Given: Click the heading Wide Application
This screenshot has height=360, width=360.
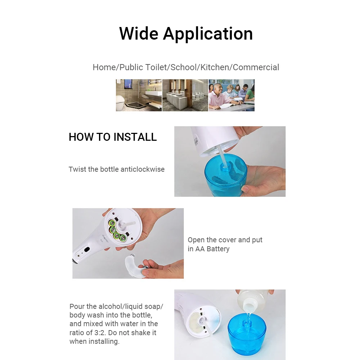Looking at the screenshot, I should click(186, 33).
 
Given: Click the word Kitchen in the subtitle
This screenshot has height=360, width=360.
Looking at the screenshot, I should click(215, 67).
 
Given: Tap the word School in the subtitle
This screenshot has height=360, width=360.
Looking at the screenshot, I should click(184, 67).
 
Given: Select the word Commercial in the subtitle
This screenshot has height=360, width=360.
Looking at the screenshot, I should click(256, 67).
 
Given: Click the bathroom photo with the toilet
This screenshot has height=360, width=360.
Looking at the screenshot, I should click(139, 95).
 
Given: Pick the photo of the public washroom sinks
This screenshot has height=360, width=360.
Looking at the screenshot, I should click(185, 95).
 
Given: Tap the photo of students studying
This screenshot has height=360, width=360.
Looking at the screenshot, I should click(231, 95).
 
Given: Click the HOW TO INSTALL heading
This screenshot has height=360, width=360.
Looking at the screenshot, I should click(113, 137).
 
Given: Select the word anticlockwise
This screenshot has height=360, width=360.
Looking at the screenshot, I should click(143, 169).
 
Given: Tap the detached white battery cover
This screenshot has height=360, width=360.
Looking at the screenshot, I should click(134, 266).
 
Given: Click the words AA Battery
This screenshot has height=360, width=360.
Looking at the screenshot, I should click(212, 249).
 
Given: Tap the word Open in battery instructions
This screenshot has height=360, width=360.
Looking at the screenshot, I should click(196, 240).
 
